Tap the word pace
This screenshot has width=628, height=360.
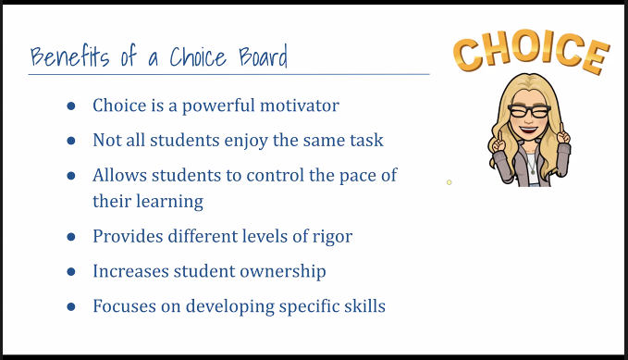356,175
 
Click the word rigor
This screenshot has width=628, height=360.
330,237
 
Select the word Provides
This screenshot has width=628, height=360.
127,237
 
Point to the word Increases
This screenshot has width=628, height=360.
129,271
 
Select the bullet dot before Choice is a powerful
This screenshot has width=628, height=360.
70,106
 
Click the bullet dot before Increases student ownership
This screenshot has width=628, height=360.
70,272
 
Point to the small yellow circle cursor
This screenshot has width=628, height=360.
449,182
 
